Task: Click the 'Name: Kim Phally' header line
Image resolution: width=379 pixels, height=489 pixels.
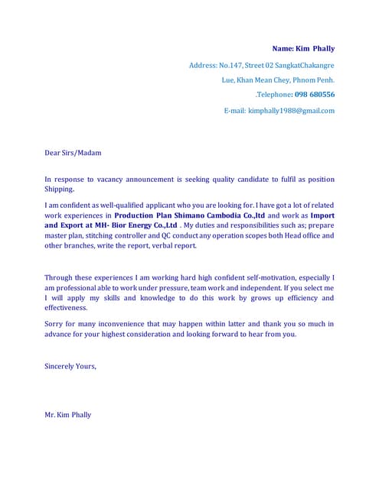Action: [x=303, y=48]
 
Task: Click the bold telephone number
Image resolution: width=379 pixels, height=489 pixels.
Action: [x=313, y=95]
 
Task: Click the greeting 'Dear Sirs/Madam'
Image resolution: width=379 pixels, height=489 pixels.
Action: [x=73, y=153]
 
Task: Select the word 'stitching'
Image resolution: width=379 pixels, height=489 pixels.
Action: [x=103, y=236]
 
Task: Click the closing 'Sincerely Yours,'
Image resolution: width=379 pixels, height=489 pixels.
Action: [x=70, y=366]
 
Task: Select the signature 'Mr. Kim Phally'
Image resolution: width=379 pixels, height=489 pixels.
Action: [x=67, y=415]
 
